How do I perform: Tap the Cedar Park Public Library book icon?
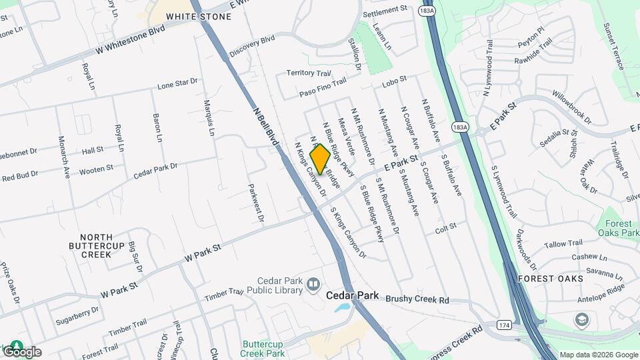(313, 286)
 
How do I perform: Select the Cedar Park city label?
(353, 295)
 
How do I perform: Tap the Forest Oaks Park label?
(621, 229)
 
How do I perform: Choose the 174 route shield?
(504, 325)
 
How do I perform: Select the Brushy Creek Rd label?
(417, 301)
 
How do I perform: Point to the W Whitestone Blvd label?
(130, 41)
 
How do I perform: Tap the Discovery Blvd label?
(252, 45)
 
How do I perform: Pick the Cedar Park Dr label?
(155, 170)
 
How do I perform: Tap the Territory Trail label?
(309, 73)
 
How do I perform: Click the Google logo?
(22, 351)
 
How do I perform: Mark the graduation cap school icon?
(582, 321)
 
